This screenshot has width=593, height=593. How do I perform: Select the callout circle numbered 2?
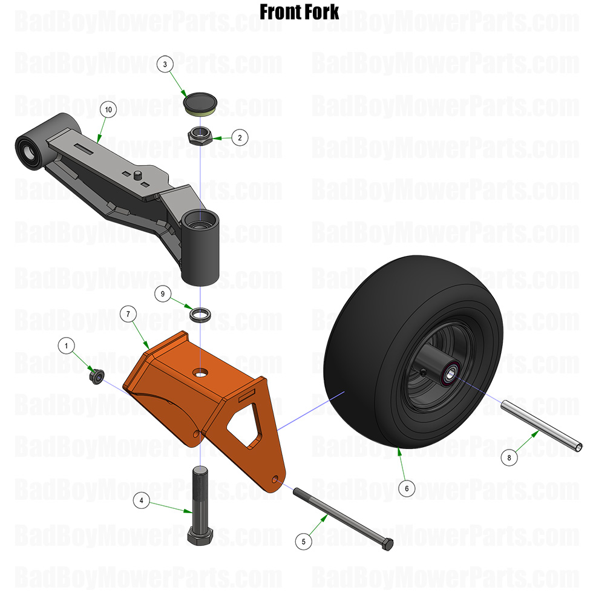click(240, 138)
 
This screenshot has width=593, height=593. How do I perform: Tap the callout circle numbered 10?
click(108, 110)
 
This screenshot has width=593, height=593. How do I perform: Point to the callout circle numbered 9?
click(162, 294)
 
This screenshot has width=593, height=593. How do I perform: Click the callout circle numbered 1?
click(67, 346)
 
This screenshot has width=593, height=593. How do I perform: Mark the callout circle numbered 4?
click(141, 500)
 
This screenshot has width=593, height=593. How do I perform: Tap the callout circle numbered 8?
click(509, 458)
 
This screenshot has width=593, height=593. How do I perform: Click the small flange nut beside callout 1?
click(96, 376)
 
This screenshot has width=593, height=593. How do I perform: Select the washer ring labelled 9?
click(199, 315)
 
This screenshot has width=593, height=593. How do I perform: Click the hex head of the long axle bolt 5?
click(385, 543)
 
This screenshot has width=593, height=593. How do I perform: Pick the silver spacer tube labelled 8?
click(542, 428)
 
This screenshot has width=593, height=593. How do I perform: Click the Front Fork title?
click(300, 11)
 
